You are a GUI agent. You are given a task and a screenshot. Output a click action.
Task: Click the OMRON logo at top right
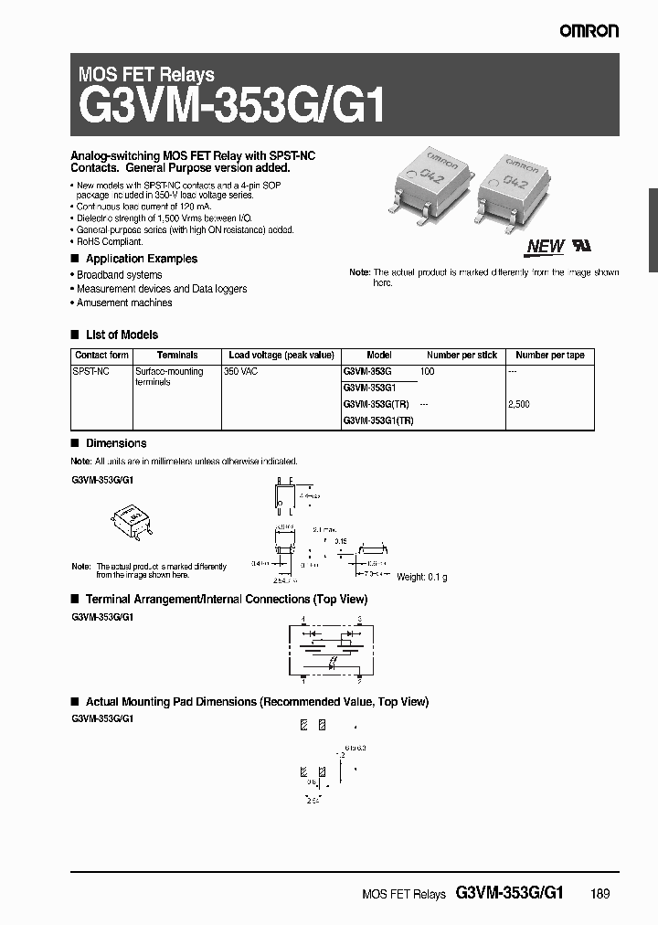click(589, 31)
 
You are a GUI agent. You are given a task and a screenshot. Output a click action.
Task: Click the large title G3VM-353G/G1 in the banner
click(233, 108)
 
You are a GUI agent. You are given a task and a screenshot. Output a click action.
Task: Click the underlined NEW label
click(546, 246)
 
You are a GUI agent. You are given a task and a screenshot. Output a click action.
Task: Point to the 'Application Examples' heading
click(141, 260)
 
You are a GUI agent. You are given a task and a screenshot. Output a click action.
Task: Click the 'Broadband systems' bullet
click(119, 275)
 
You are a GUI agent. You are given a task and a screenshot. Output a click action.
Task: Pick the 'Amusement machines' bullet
click(124, 303)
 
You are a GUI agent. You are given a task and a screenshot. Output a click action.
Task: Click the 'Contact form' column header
click(101, 356)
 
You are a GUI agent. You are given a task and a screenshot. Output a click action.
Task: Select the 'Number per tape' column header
click(549, 356)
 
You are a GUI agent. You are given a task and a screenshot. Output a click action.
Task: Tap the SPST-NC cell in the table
click(90, 372)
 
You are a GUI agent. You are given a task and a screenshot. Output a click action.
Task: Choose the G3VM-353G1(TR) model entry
click(378, 420)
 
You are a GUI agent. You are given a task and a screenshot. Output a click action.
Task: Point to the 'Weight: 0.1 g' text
click(421, 577)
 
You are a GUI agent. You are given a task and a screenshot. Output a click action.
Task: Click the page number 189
click(600, 895)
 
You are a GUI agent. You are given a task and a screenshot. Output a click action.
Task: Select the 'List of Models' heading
click(122, 335)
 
